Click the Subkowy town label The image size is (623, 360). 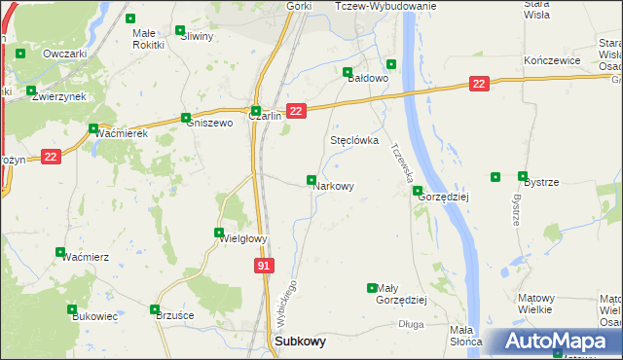[x=301, y=342]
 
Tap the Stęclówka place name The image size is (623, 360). [x=354, y=140]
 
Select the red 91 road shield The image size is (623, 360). [x=265, y=265]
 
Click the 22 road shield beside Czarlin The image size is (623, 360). [x=297, y=113]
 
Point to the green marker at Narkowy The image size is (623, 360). [x=311, y=180]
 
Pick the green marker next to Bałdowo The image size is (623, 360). [x=348, y=72]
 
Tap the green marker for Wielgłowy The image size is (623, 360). [x=219, y=232]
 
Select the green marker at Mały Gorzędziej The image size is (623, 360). [x=371, y=288]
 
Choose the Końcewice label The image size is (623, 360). [x=552, y=60]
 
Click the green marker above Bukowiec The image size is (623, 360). [x=72, y=309]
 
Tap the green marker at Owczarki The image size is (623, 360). [x=20, y=52]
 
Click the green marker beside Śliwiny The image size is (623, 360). [x=180, y=30]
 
